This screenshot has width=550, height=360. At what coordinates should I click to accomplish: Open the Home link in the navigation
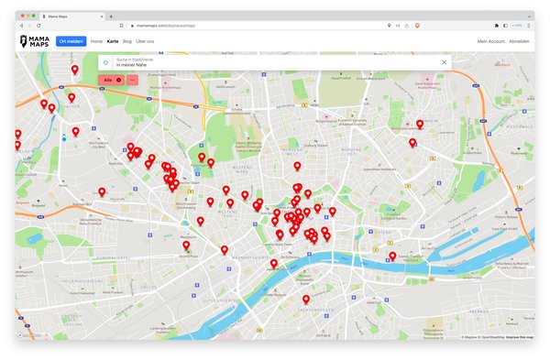click(96, 41)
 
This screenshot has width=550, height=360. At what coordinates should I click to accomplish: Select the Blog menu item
click(126, 41)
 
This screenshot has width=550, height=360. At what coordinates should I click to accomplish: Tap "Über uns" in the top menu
click(145, 41)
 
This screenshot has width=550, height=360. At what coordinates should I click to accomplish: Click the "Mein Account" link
click(490, 41)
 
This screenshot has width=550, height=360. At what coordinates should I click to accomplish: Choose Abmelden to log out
click(520, 41)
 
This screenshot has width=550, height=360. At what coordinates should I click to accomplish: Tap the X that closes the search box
click(445, 62)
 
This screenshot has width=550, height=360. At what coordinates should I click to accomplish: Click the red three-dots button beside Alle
click(132, 81)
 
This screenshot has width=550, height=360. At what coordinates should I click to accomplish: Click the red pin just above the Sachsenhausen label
click(306, 299)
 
